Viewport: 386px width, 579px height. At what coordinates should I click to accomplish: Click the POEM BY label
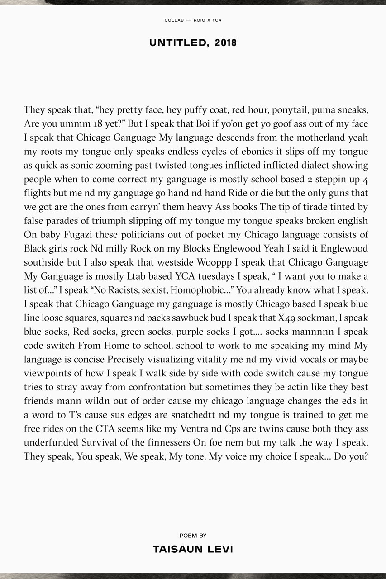coord(193,536)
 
